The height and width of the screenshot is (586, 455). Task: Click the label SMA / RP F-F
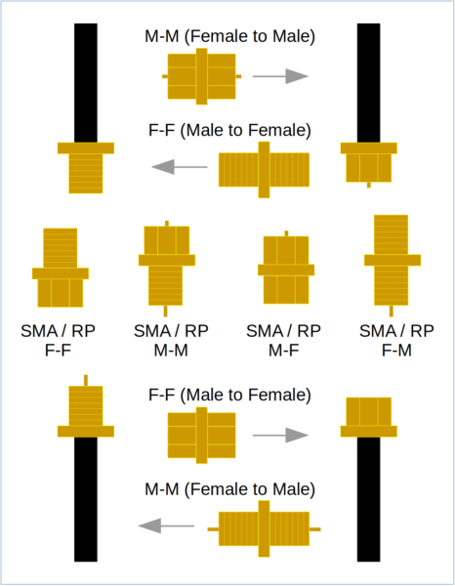[x=58, y=341]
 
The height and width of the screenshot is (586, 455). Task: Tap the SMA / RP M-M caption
[x=171, y=341]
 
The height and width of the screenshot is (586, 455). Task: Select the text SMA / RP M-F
[x=283, y=341]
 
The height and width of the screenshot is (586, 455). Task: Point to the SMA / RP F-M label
[x=396, y=341]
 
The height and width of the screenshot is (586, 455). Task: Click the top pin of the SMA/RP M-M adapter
[x=167, y=224]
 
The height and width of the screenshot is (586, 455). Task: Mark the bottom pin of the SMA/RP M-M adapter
[x=165, y=311]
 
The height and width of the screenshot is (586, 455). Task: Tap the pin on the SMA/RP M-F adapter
[x=286, y=233]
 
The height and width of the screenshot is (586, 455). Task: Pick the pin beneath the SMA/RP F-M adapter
[x=392, y=311]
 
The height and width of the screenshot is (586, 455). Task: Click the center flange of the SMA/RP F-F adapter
[x=61, y=273]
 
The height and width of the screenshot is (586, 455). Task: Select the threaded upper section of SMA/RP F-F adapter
[x=61, y=248]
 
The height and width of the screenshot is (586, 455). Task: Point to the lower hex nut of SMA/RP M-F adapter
[x=286, y=290]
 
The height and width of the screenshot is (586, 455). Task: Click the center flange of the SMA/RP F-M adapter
[x=393, y=260]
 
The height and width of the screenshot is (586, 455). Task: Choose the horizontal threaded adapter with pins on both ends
[x=264, y=528]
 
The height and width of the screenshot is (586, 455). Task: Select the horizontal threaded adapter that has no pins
[x=264, y=170]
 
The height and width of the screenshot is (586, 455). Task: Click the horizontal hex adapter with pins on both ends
[x=202, y=76]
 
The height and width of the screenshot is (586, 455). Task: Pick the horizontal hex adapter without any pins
[x=202, y=436]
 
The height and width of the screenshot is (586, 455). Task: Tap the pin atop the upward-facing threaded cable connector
[x=86, y=380]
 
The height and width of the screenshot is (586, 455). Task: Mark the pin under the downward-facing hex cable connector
[x=369, y=185]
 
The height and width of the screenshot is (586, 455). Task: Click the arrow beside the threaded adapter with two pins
[x=166, y=525]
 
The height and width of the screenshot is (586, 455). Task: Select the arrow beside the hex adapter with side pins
[x=280, y=76]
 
